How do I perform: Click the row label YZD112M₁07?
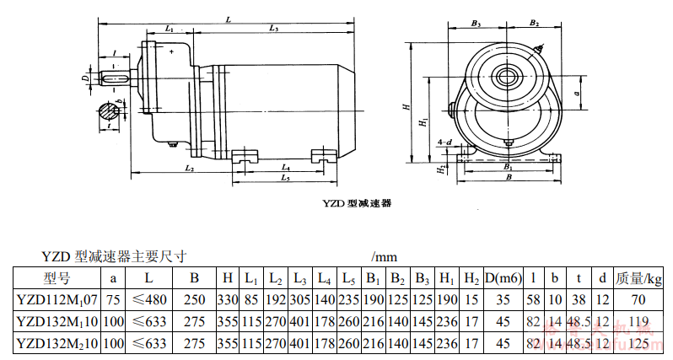point(57,298)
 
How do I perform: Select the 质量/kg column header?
point(638,277)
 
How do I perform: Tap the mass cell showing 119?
point(638,320)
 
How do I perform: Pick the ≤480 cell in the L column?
point(148,298)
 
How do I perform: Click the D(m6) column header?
point(503,277)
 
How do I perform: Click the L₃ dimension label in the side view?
point(275,29)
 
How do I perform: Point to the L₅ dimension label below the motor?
point(286,178)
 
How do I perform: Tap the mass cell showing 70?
point(638,298)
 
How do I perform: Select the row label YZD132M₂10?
point(57,342)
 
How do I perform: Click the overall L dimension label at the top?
point(229,18)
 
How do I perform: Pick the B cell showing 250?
point(195,298)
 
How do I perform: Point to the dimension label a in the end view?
point(576,93)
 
